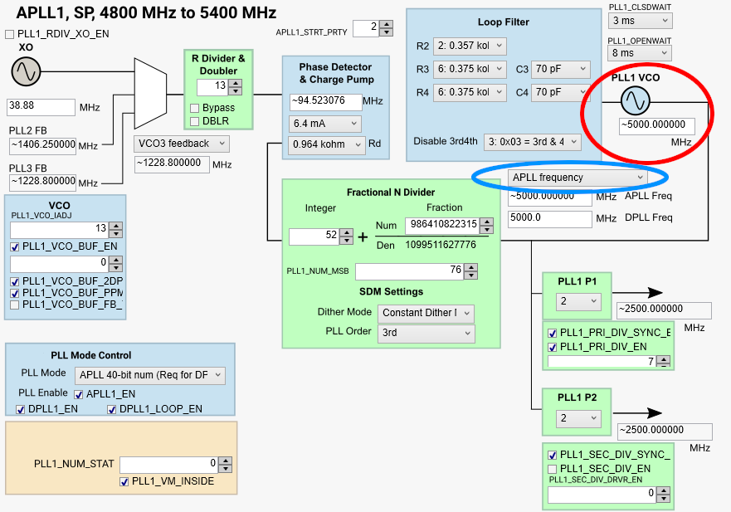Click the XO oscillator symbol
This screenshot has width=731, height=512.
[26, 72]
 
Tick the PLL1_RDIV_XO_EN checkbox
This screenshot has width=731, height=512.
[10, 34]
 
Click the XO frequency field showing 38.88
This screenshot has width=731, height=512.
[41, 107]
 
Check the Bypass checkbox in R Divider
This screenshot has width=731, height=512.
[194, 108]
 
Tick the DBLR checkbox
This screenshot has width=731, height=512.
[194, 122]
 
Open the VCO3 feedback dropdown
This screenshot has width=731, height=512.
[182, 144]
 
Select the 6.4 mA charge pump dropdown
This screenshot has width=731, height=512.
[325, 124]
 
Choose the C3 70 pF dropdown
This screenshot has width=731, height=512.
[561, 70]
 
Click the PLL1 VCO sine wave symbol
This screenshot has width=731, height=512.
[636, 101]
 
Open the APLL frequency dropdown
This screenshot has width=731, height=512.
[577, 178]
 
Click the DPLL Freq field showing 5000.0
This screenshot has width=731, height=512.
[548, 218]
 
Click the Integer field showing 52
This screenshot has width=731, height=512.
[314, 236]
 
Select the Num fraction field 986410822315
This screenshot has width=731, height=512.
[441, 225]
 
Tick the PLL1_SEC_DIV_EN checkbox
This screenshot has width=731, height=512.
[553, 469]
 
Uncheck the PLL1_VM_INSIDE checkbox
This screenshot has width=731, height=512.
[125, 481]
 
